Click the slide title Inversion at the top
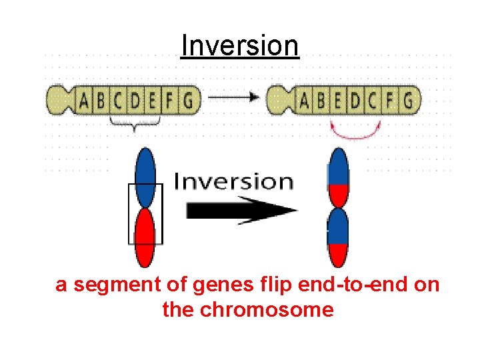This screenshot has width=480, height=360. click(x=240, y=46)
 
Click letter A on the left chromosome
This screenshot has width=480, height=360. click(x=84, y=101)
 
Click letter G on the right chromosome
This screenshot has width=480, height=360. click(x=408, y=101)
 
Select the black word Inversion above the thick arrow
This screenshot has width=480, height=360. click(x=233, y=181)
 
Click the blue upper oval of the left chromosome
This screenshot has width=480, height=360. click(x=145, y=177)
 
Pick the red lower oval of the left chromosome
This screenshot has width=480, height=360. click(x=145, y=237)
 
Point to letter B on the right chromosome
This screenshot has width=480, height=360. click(x=321, y=101)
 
